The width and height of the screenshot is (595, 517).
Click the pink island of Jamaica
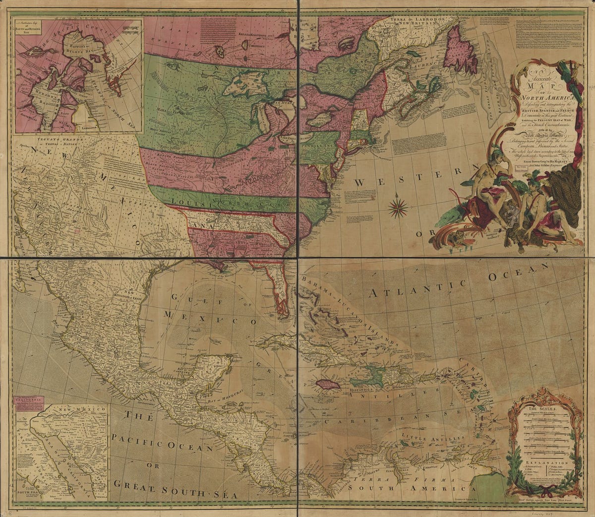click(x=328, y=384)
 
